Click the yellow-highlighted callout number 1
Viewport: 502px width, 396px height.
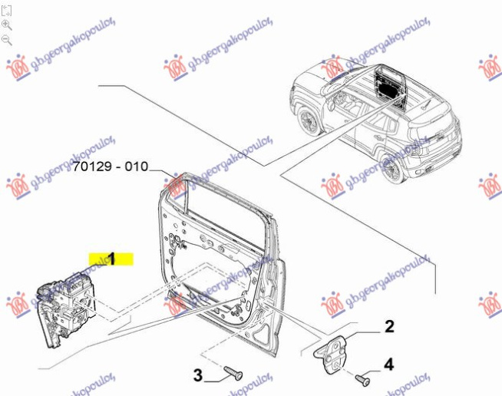pyautogui.click(x=111, y=259)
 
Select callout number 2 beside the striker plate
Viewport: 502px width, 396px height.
pyautogui.click(x=389, y=326)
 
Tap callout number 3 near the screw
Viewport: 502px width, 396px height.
pyautogui.click(x=198, y=375)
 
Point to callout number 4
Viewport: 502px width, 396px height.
pyautogui.click(x=388, y=365)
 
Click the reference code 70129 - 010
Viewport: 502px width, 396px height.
pyautogui.click(x=111, y=167)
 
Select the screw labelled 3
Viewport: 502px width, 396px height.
pyautogui.click(x=233, y=374)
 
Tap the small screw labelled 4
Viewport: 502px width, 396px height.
pyautogui.click(x=363, y=380)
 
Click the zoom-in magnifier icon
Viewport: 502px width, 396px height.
pyautogui.click(x=6, y=25)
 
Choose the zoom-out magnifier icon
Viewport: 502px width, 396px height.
pyautogui.click(x=6, y=41)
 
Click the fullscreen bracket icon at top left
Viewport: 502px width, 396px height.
pyautogui.click(x=6, y=11)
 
